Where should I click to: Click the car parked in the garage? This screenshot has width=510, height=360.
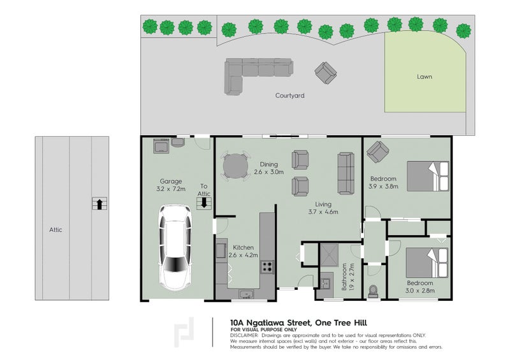[x=175, y=248]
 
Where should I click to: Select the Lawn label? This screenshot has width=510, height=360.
[x=425, y=76]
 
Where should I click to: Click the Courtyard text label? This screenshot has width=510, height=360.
[x=290, y=96]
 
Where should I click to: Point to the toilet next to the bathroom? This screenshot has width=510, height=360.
[x=373, y=291]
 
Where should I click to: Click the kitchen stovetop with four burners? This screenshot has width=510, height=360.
[x=266, y=267]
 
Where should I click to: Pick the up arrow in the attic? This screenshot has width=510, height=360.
[x=99, y=204]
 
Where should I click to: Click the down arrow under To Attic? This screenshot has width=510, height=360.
[x=204, y=203]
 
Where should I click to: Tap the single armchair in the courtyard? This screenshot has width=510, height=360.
[x=326, y=73]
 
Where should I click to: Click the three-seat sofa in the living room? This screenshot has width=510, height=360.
[x=346, y=173]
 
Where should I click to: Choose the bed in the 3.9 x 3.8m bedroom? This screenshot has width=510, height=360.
[x=428, y=176]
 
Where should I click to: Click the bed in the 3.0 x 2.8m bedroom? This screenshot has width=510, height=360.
[x=426, y=263]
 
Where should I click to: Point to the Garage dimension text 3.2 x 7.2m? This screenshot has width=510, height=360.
[x=171, y=189]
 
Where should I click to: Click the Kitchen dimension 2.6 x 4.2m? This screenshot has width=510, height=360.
[x=244, y=256]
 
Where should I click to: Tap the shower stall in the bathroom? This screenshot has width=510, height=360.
[x=330, y=256]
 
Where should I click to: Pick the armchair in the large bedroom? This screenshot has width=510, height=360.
[x=377, y=152]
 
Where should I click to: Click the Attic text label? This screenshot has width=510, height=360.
[x=55, y=230]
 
